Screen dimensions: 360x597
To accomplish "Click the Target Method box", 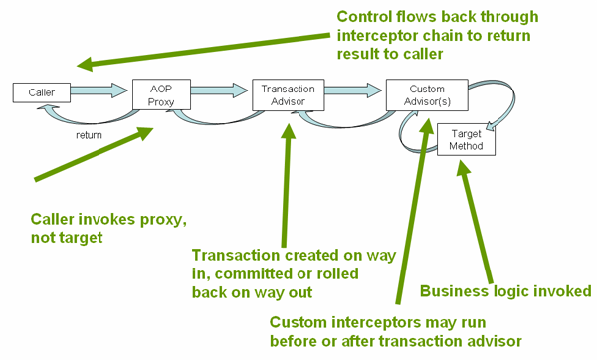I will tap(466, 139).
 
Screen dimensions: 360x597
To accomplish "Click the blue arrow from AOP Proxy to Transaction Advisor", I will tap(221, 91).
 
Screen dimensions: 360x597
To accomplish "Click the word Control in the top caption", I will tap(365, 18).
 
